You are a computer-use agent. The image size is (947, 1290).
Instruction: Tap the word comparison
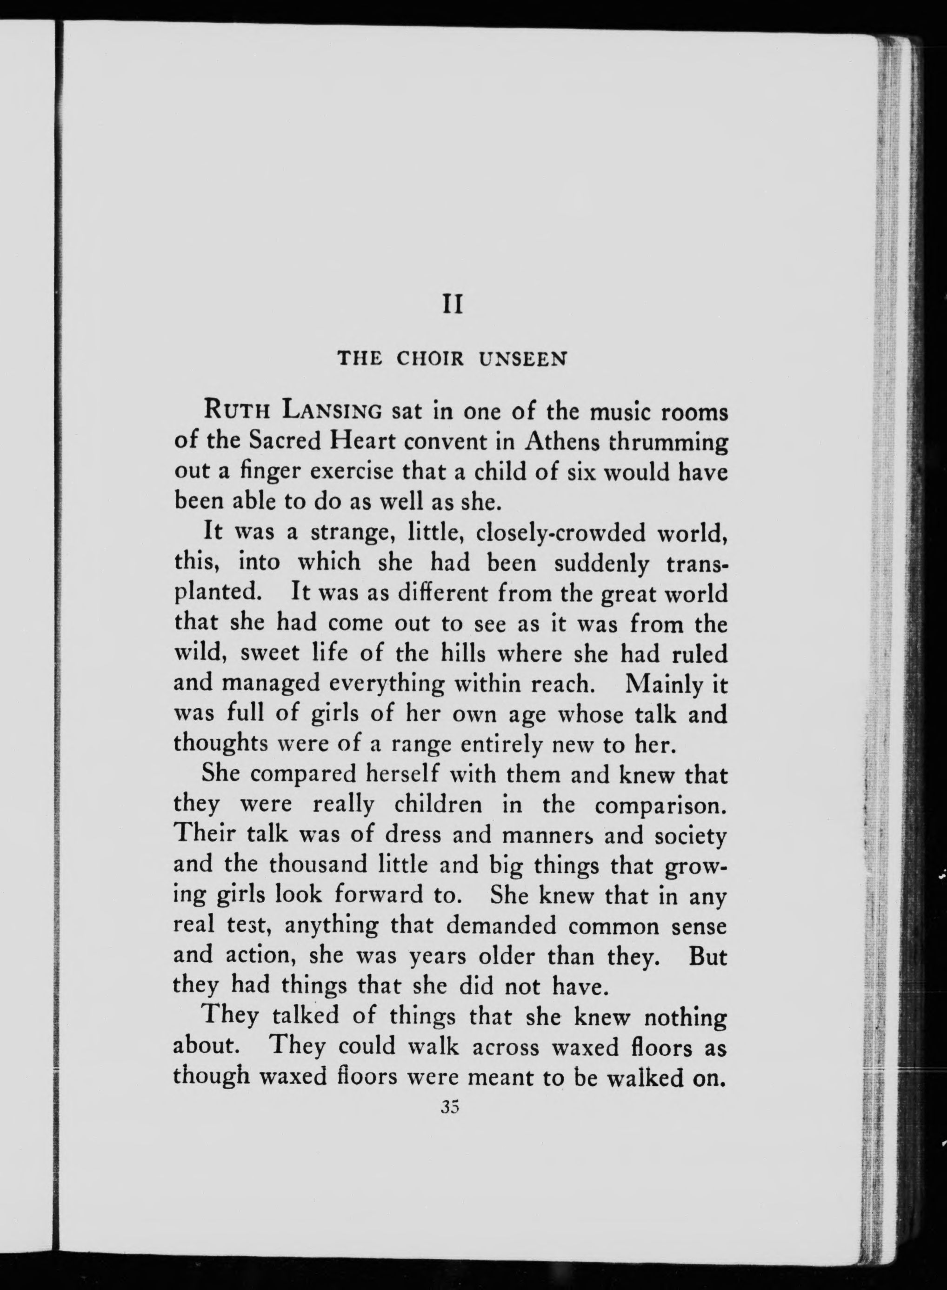[660, 806]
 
